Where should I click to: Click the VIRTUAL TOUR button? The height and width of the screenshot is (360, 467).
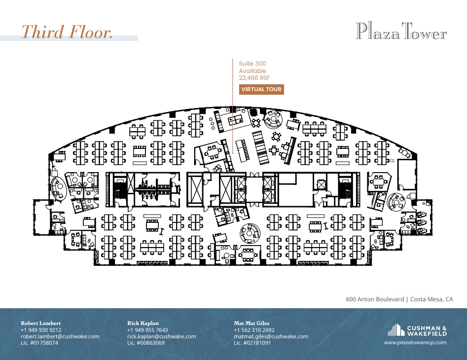261,89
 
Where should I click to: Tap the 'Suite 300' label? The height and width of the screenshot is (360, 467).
252,64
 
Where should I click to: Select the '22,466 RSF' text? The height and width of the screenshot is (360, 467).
254,78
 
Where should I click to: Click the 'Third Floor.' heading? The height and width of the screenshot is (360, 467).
67,32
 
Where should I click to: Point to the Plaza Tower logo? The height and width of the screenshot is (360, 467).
401,32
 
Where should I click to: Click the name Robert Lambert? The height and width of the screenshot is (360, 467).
41,323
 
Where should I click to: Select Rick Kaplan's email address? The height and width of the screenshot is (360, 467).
161,336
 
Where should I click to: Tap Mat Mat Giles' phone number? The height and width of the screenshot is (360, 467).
254,330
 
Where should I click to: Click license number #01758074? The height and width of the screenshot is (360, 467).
39,343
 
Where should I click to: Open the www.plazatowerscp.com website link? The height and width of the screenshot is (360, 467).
415,342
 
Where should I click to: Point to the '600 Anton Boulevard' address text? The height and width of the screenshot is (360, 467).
374,299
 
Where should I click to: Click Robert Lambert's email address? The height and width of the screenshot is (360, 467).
60,336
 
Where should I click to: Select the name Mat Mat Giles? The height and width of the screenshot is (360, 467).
251,323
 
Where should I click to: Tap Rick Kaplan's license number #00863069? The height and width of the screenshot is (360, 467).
146,343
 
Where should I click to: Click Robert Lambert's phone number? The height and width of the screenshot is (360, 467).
41,330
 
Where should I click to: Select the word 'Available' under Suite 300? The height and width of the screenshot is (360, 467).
252,71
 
